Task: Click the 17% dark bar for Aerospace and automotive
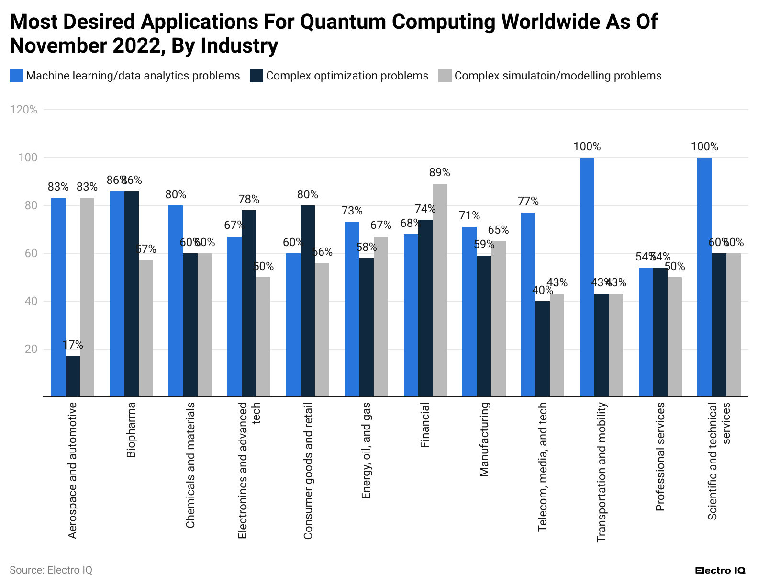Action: click(73, 376)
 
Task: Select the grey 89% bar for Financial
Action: click(440, 290)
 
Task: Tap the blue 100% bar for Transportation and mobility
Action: click(587, 277)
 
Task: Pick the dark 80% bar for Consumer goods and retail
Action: click(308, 301)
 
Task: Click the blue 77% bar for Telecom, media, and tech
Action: click(528, 305)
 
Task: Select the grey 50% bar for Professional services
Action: click(675, 337)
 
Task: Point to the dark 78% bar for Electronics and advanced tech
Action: click(249, 303)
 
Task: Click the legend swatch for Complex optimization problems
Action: click(256, 76)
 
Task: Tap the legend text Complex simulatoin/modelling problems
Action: click(558, 76)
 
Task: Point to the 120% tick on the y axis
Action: click(23, 110)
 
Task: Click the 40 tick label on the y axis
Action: click(31, 301)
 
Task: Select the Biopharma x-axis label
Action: click(131, 429)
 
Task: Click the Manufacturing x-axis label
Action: click(484, 439)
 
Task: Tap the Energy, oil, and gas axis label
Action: click(366, 451)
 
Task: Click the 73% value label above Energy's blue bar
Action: click(352, 211)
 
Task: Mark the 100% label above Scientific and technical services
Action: click(704, 147)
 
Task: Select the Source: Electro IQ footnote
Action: click(51, 570)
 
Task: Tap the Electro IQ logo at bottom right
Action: click(720, 570)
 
